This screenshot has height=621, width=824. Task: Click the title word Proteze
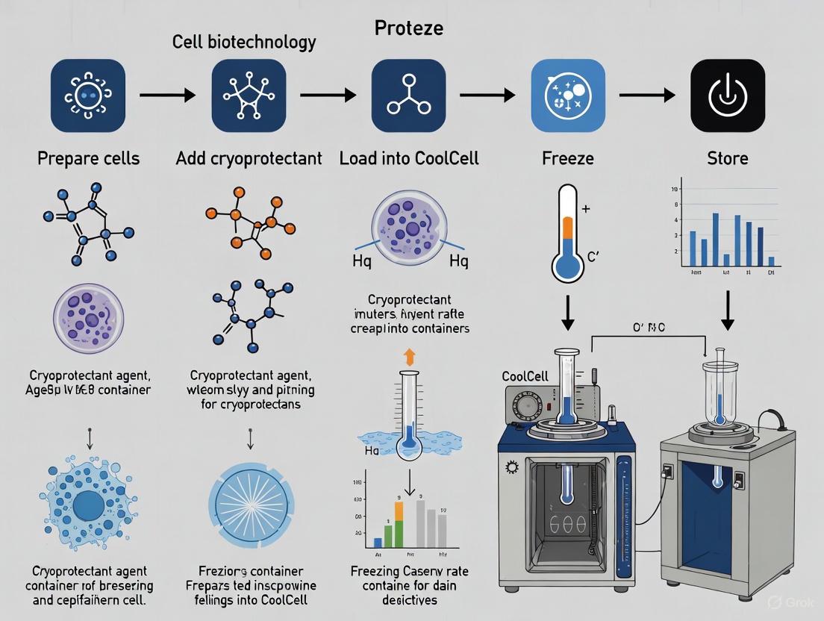pos(408,28)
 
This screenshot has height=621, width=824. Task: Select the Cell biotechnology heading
pos(244,43)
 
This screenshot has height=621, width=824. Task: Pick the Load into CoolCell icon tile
pos(408,96)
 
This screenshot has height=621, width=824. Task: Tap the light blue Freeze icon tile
pos(567,96)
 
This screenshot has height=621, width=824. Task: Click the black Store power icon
pos(727,96)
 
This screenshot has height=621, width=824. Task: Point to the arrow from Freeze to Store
pos(646,96)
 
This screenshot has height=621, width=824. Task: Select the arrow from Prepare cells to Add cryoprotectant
pos(168,95)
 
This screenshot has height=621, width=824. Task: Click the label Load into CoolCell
pos(408,158)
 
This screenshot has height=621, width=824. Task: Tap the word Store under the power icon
pos(728,158)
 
